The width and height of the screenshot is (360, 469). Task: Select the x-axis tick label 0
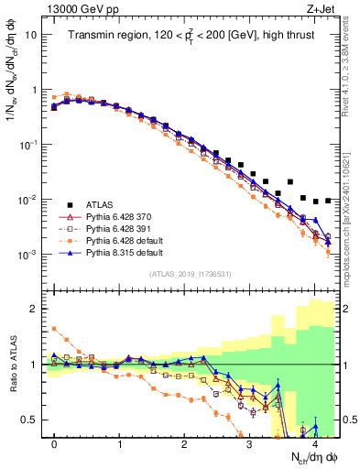click(55, 444)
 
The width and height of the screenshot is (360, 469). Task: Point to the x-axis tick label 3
click(249, 444)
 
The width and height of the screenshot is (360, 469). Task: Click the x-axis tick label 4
click(314, 444)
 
